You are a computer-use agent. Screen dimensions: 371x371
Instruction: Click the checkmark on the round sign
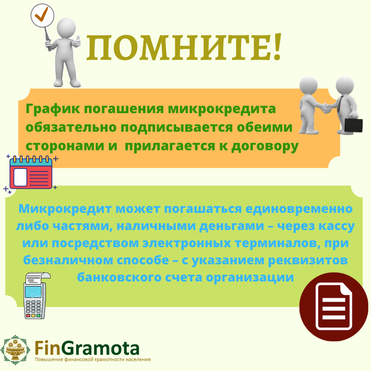(42, 14)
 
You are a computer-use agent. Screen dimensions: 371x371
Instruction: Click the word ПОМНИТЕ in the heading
(178, 47)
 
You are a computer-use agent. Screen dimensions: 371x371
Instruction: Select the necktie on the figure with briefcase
(339, 103)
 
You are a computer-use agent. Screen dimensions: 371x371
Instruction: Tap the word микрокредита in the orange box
(222, 109)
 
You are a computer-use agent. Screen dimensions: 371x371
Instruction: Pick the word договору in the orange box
(265, 146)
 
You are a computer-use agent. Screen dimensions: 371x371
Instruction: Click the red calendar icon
(31, 173)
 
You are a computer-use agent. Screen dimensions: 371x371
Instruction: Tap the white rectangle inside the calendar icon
(20, 177)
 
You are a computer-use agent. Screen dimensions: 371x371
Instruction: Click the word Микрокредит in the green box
(65, 210)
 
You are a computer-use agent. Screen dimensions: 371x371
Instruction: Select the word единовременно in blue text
(299, 210)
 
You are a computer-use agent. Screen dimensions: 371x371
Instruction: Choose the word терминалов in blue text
(275, 243)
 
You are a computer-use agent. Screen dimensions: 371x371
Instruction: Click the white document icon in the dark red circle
(334, 307)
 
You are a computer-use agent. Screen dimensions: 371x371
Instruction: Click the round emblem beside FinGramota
(15, 350)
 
